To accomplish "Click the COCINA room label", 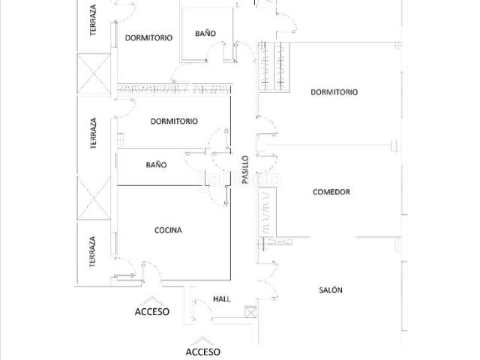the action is pyautogui.click(x=168, y=230).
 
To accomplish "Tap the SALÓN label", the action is pyautogui.click(x=331, y=290).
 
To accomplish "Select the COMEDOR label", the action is pyautogui.click(x=331, y=192).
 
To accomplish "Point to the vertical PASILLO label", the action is pyautogui.click(x=245, y=169).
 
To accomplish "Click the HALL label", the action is pyautogui.click(x=222, y=298).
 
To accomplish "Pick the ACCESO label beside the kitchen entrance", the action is pyautogui.click(x=151, y=312).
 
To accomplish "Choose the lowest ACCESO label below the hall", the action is pyautogui.click(x=202, y=352).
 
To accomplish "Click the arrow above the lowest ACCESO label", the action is pyautogui.click(x=202, y=340).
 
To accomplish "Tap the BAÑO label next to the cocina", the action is pyautogui.click(x=156, y=165).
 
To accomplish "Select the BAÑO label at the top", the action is pyautogui.click(x=205, y=33).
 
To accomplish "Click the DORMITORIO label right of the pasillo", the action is pyautogui.click(x=334, y=92).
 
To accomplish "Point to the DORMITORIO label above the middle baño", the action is pyautogui.click(x=174, y=121).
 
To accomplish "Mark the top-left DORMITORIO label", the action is pyautogui.click(x=148, y=37).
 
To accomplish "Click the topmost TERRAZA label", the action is pyautogui.click(x=93, y=20).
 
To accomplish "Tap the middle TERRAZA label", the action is pyautogui.click(x=93, y=133).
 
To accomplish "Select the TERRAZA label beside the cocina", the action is pyautogui.click(x=92, y=252).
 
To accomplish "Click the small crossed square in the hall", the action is pyautogui.click(x=250, y=312).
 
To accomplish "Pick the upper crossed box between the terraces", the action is pyautogui.click(x=94, y=73).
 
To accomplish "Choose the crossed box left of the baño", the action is pyautogui.click(x=94, y=198).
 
